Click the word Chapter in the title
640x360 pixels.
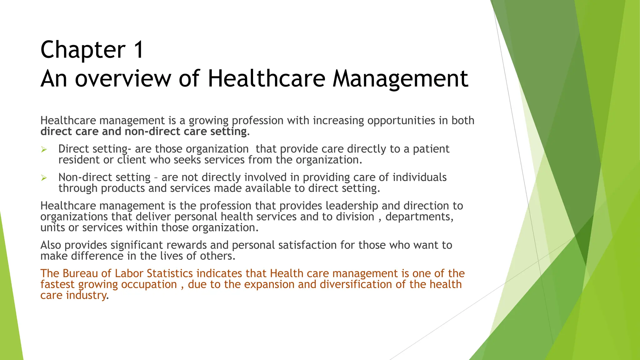pyautogui.click(x=83, y=50)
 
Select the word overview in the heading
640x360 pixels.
pyautogui.click(x=122, y=78)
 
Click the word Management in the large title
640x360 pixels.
pyautogui.click(x=400, y=78)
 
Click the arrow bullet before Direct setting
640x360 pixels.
pyautogui.click(x=44, y=150)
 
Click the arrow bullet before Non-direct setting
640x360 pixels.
pyautogui.click(x=44, y=178)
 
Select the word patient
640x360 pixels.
pyautogui.click(x=431, y=149)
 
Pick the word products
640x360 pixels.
pyautogui.click(x=123, y=188)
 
